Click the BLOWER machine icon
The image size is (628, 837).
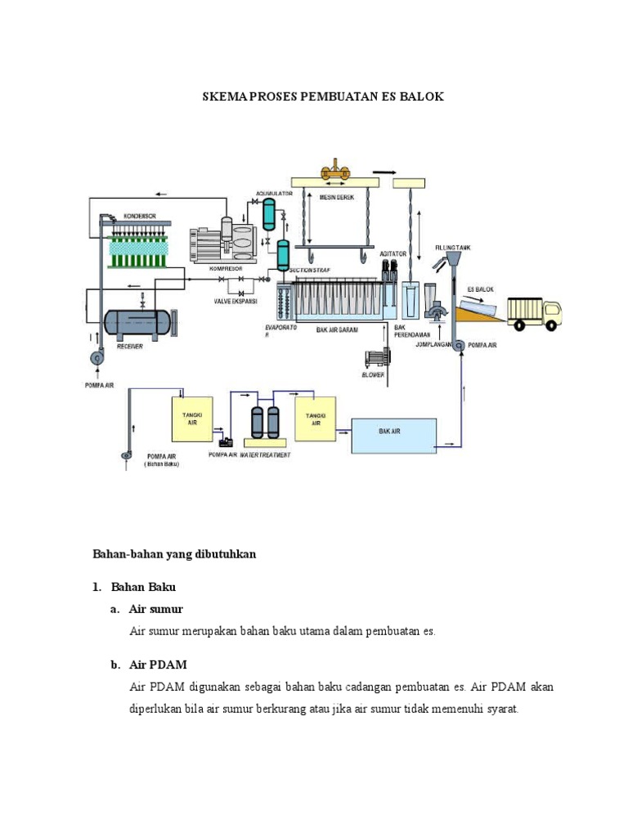point(376,358)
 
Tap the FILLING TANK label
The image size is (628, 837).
point(452,247)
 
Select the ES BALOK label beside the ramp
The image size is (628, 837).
point(480,289)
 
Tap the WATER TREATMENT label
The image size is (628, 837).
point(264,454)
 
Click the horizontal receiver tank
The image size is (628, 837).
point(137,322)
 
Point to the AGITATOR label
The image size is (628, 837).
point(393,254)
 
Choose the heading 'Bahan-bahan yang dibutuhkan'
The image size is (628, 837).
point(173,554)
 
